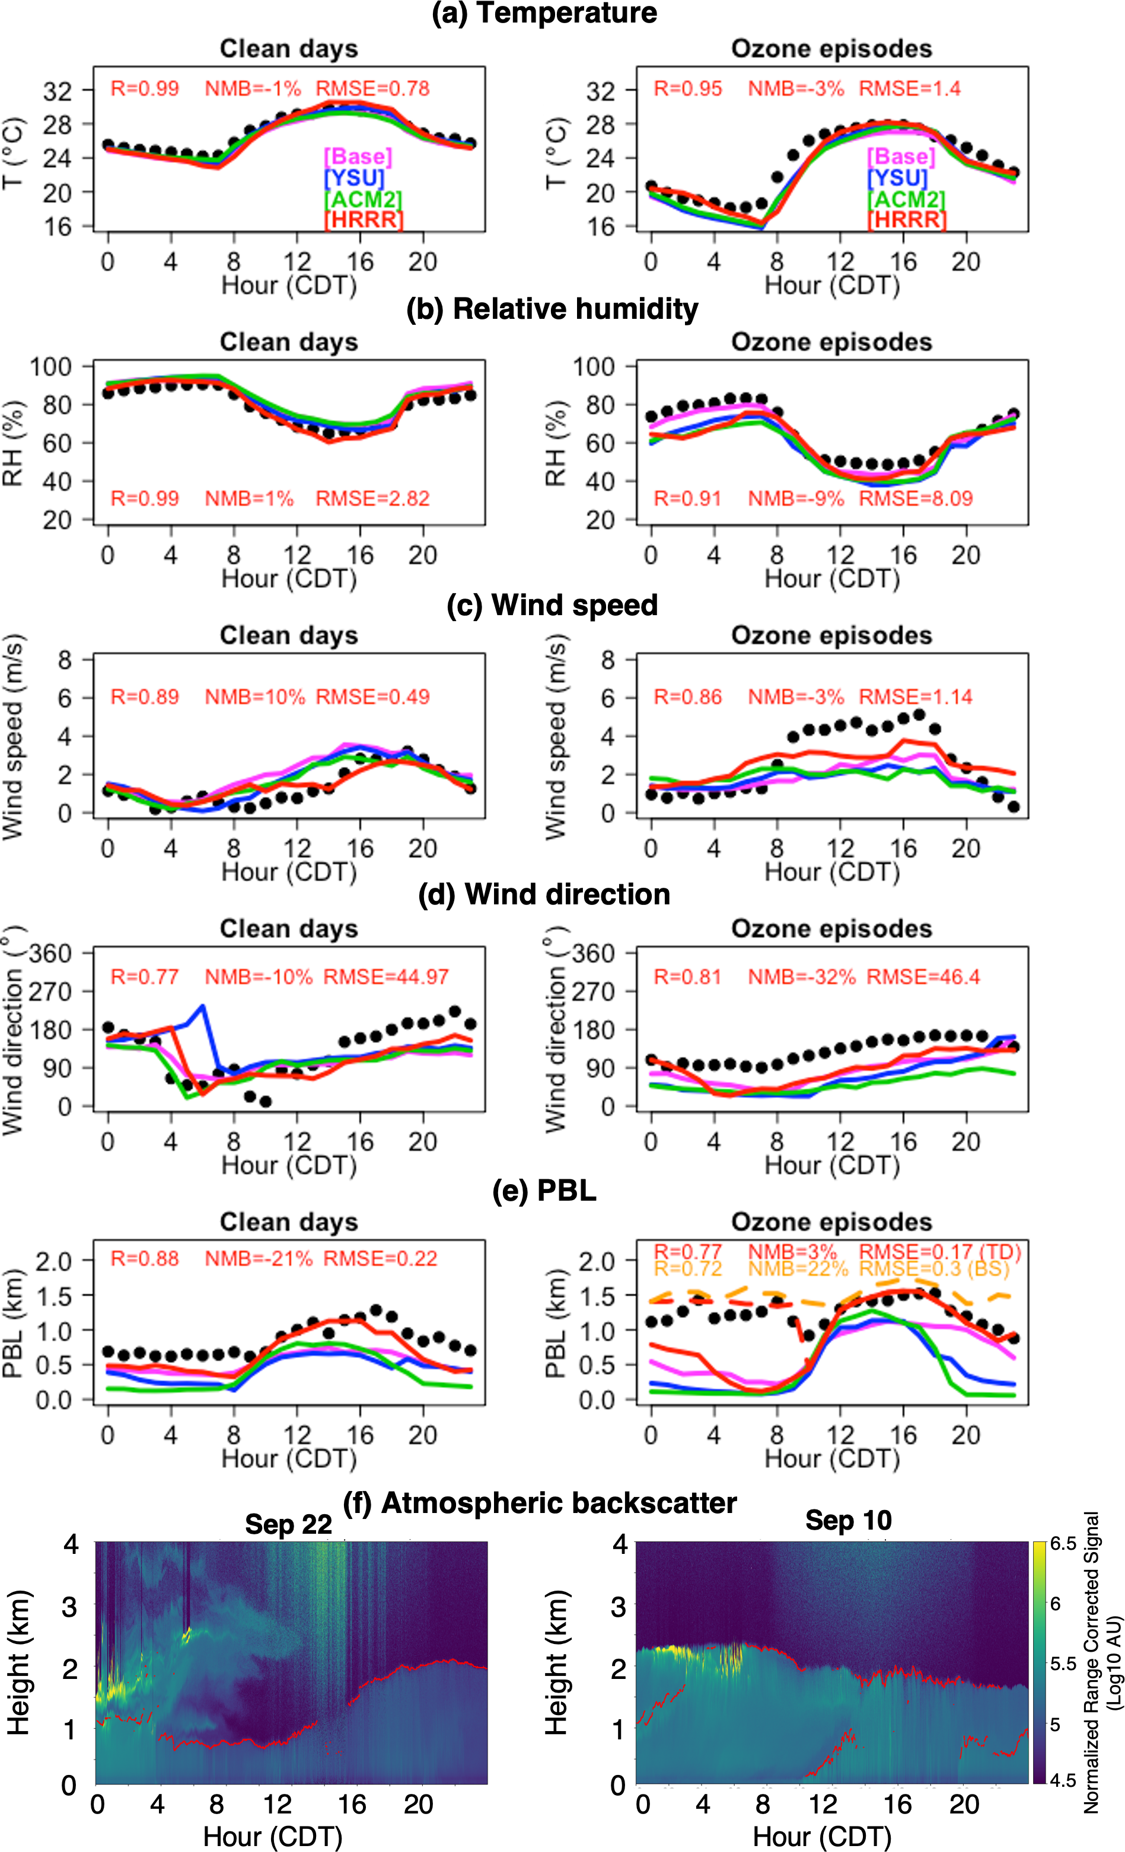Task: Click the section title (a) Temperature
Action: pyautogui.click(x=544, y=14)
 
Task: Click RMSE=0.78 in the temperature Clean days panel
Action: pyautogui.click(x=372, y=89)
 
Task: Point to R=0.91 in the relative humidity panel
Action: pyautogui.click(x=687, y=498)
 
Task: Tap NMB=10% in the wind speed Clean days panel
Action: pyautogui.click(x=255, y=697)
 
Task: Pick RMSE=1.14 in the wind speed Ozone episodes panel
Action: pyautogui.click(x=915, y=697)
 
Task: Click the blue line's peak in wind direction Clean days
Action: pyautogui.click(x=202, y=1006)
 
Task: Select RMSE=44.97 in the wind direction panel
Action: pyautogui.click(x=386, y=977)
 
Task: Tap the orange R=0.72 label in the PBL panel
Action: pyautogui.click(x=687, y=1269)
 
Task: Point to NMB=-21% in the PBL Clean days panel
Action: pyautogui.click(x=258, y=1259)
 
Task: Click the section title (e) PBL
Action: pyautogui.click(x=544, y=1191)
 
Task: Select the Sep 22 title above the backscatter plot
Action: pyautogui.click(x=288, y=1524)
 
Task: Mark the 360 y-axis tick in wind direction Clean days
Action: pyautogui.click(x=50, y=954)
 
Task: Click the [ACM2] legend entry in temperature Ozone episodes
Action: pyautogui.click(x=906, y=199)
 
